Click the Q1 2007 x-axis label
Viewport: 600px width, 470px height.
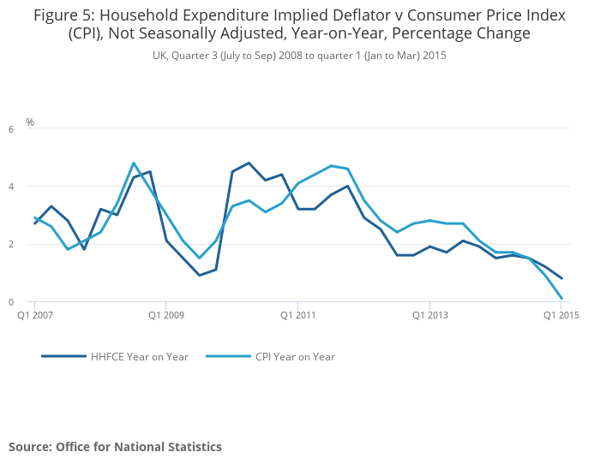[36, 315]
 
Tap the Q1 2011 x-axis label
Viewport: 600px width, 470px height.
[297, 315]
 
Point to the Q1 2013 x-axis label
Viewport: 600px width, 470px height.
[429, 315]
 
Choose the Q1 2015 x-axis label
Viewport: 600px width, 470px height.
[561, 315]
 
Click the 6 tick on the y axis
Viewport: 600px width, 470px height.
[11, 129]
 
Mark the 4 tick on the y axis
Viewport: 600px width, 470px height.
[11, 187]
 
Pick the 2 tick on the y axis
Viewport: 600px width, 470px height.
[11, 245]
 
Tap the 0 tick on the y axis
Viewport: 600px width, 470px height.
[11, 302]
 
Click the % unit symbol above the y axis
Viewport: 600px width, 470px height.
[30, 122]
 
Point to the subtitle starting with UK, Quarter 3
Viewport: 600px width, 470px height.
[299, 55]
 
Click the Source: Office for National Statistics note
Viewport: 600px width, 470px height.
[115, 447]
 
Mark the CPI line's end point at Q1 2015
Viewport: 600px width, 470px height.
[561, 299]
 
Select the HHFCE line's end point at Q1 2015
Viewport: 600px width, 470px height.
[561, 278]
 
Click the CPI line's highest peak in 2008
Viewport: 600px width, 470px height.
[134, 163]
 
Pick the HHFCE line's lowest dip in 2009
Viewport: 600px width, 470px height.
[199, 275]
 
